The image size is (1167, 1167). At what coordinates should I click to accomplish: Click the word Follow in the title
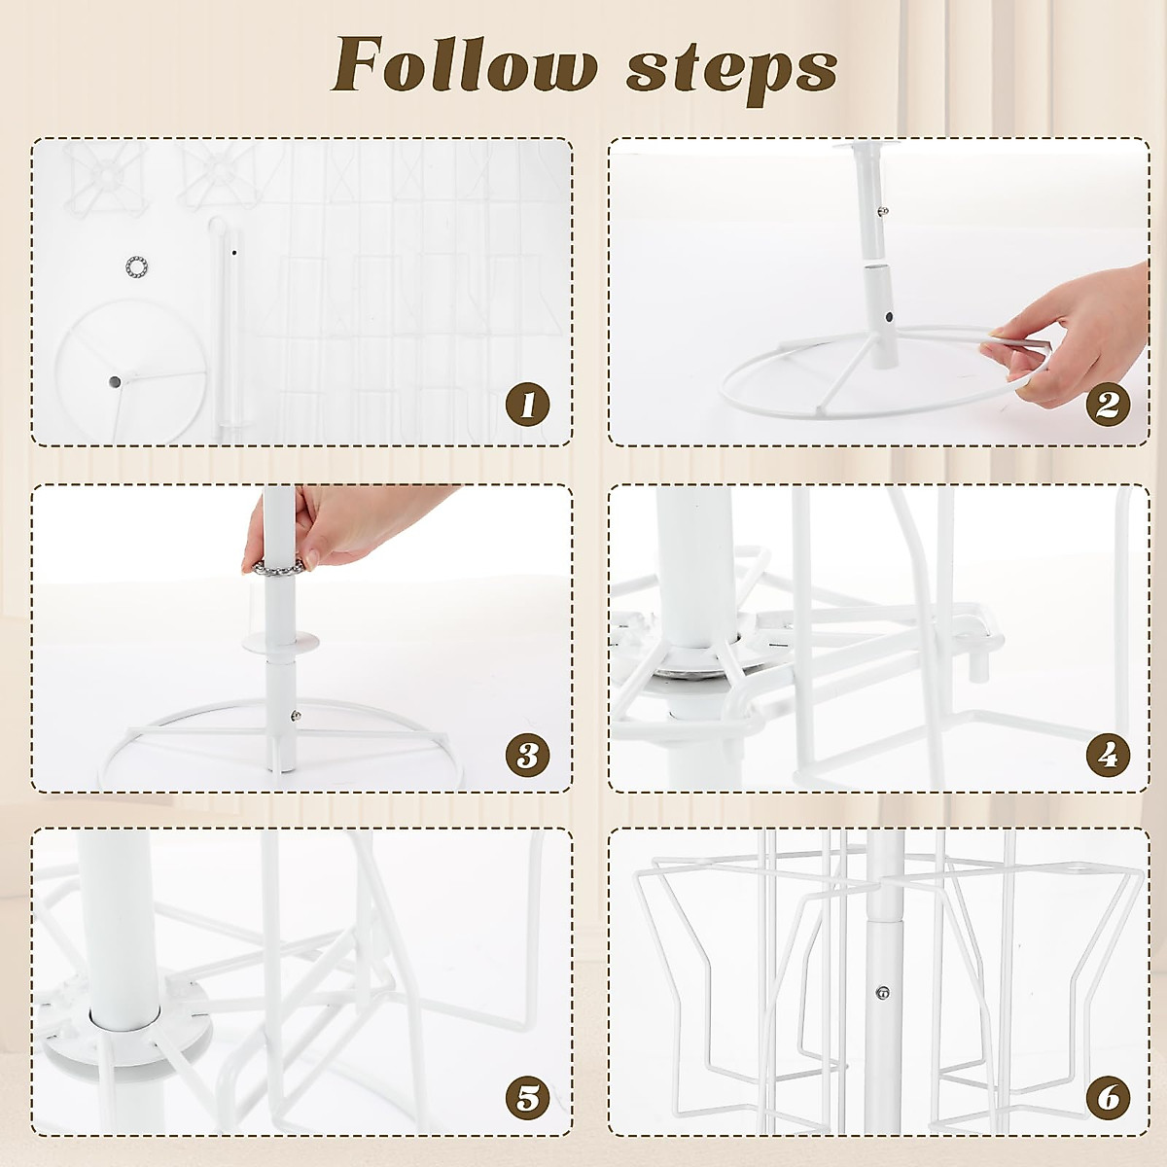pyautogui.click(x=465, y=67)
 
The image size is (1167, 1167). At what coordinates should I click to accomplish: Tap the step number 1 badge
pyautogui.click(x=527, y=404)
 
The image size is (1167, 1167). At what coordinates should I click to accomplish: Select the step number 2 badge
pyautogui.click(x=1108, y=404)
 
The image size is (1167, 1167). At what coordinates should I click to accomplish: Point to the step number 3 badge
pyautogui.click(x=527, y=754)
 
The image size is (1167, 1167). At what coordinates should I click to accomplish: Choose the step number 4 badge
pyautogui.click(x=1108, y=754)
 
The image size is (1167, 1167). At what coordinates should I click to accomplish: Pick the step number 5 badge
pyautogui.click(x=527, y=1098)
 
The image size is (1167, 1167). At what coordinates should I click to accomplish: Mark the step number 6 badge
pyautogui.click(x=1108, y=1098)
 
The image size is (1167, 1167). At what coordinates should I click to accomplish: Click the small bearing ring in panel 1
pyautogui.click(x=136, y=265)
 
